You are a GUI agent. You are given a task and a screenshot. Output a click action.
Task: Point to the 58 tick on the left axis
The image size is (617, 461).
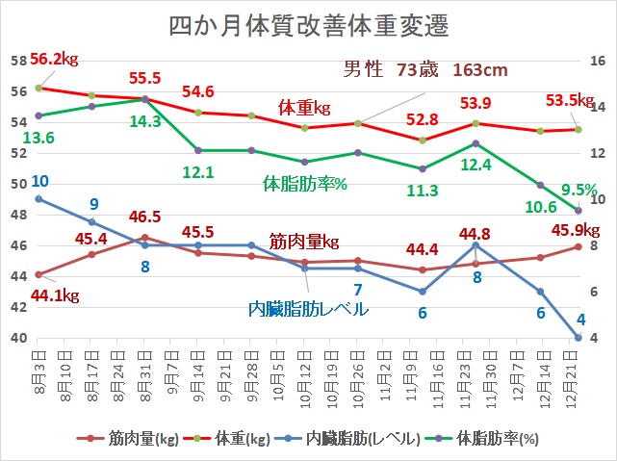(x=17, y=61)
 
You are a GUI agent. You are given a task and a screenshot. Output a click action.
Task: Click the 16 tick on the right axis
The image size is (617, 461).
(x=597, y=61)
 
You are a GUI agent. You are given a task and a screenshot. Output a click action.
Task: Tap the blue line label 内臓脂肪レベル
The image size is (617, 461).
(x=308, y=309)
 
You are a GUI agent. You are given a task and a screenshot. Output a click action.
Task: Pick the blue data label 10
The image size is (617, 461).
(x=40, y=181)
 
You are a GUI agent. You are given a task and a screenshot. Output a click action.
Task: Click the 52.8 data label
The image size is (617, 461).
(x=422, y=119)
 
